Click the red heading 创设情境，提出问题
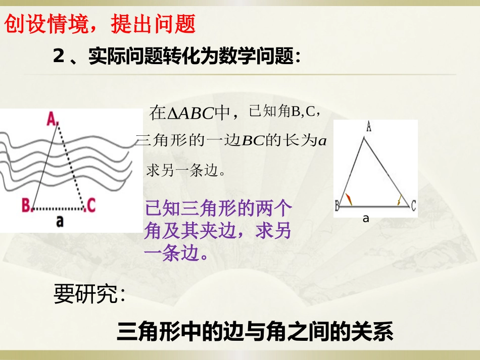tap(100, 24)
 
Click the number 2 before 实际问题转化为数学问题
tap(59, 57)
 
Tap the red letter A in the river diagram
tap(52, 119)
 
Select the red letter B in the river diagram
tap(26, 205)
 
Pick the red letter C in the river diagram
tap(91, 204)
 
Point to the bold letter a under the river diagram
tap(60, 221)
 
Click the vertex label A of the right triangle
tap(369, 127)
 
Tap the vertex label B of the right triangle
tap(337, 205)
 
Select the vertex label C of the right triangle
tap(413, 205)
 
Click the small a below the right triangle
tap(366, 219)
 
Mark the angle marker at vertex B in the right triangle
tap(348, 198)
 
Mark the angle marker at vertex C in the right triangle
tap(400, 200)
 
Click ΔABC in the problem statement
tap(190, 113)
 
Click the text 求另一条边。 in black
tap(185, 170)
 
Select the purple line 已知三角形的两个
tap(218, 209)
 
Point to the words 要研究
tap(89, 294)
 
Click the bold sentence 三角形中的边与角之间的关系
tap(255, 332)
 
